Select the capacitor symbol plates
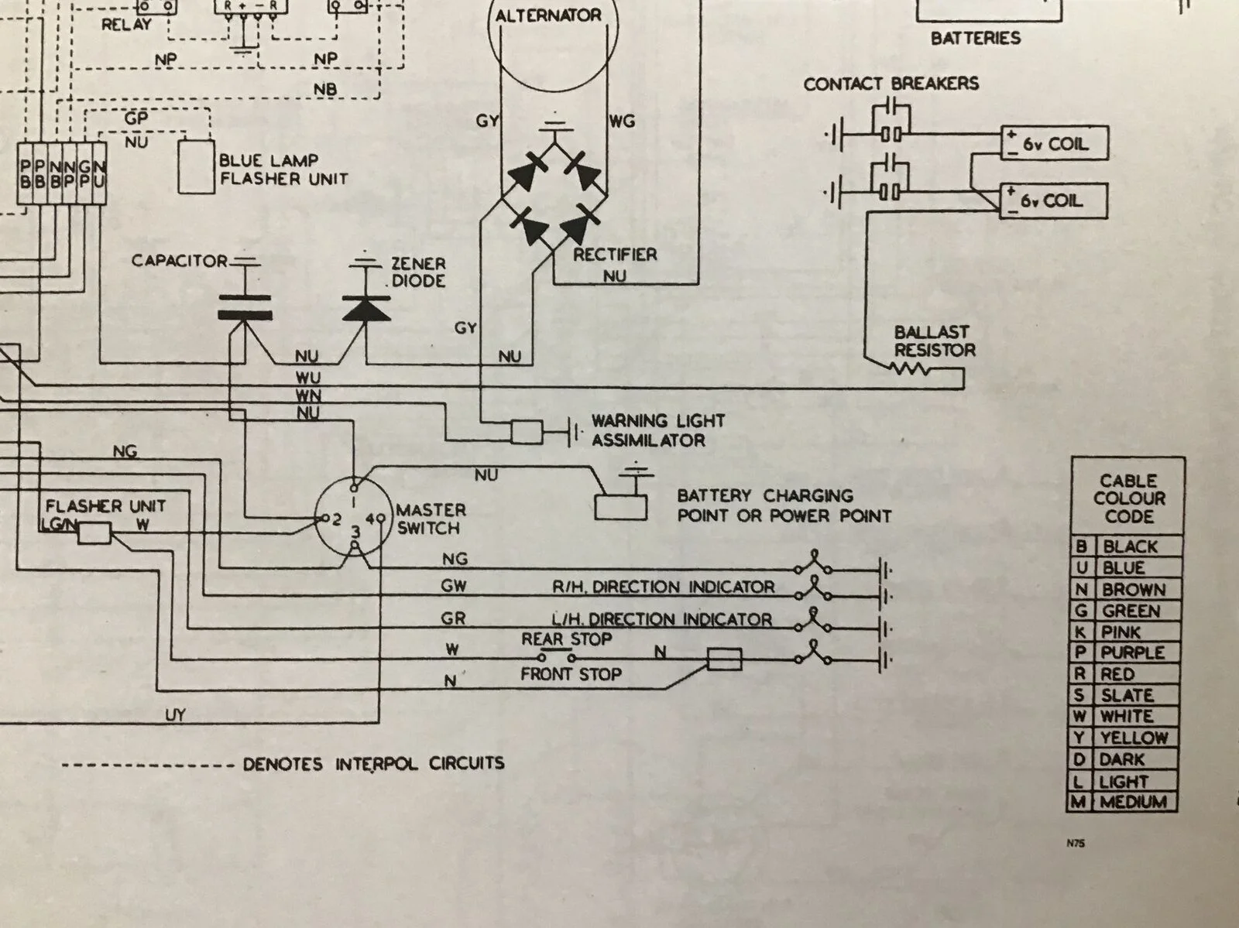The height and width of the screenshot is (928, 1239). click(x=245, y=306)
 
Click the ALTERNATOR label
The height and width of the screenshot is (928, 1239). click(x=548, y=16)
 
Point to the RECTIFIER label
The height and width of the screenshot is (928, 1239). click(x=615, y=254)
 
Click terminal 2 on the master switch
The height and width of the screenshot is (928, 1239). click(x=319, y=518)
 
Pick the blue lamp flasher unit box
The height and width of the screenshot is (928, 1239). click(x=195, y=166)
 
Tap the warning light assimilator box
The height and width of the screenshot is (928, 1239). click(x=528, y=432)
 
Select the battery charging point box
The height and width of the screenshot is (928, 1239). click(x=620, y=506)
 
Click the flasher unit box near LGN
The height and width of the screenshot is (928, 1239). click(x=94, y=532)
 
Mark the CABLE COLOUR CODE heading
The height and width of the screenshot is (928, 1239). click(x=1129, y=498)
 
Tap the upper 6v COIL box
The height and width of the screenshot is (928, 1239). click(x=1055, y=143)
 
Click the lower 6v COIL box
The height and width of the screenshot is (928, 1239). click(x=1055, y=201)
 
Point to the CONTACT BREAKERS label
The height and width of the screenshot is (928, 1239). click(x=891, y=84)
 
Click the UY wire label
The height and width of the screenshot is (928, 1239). click(x=175, y=715)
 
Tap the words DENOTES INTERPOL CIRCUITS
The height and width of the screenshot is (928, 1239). click(x=373, y=764)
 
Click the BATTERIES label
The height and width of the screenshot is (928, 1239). click(x=976, y=38)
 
